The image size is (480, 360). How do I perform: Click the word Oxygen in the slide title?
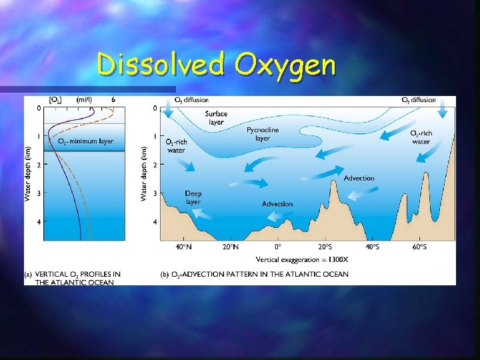tap(284, 65)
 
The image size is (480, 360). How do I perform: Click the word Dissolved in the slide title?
tap(162, 65)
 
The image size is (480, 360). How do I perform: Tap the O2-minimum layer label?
tap(85, 141)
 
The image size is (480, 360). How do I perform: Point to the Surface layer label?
tap(215, 118)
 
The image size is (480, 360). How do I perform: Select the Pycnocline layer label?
tap(263, 134)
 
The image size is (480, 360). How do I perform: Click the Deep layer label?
tap(193, 197)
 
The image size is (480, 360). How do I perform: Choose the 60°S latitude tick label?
tap(419, 247)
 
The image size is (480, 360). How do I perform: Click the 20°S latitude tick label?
tap(325, 247)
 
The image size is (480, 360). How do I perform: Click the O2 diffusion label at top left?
tap(191, 100)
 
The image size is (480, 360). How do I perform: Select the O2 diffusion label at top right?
tap(419, 100)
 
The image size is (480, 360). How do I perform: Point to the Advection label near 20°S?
tap(359, 178)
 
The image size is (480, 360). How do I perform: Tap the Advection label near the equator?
tap(277, 203)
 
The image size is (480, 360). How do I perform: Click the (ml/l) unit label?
tap(84, 99)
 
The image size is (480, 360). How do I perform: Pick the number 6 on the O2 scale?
tap(113, 99)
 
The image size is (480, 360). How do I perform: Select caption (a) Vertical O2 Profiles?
tap(73, 278)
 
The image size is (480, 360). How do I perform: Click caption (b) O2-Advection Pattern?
tap(254, 274)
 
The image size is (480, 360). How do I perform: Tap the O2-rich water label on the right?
tap(421, 137)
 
